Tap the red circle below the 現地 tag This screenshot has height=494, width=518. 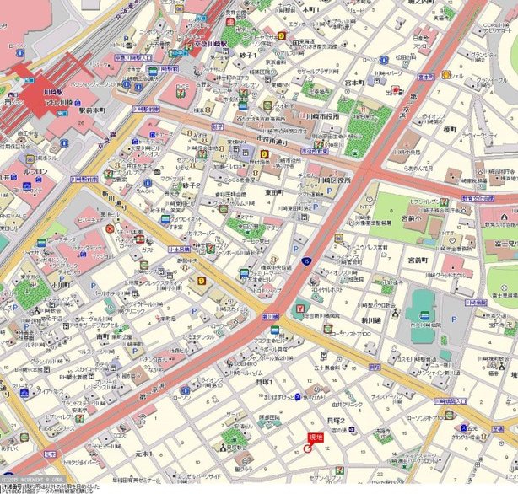307,448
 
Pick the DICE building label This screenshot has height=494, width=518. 182,86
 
